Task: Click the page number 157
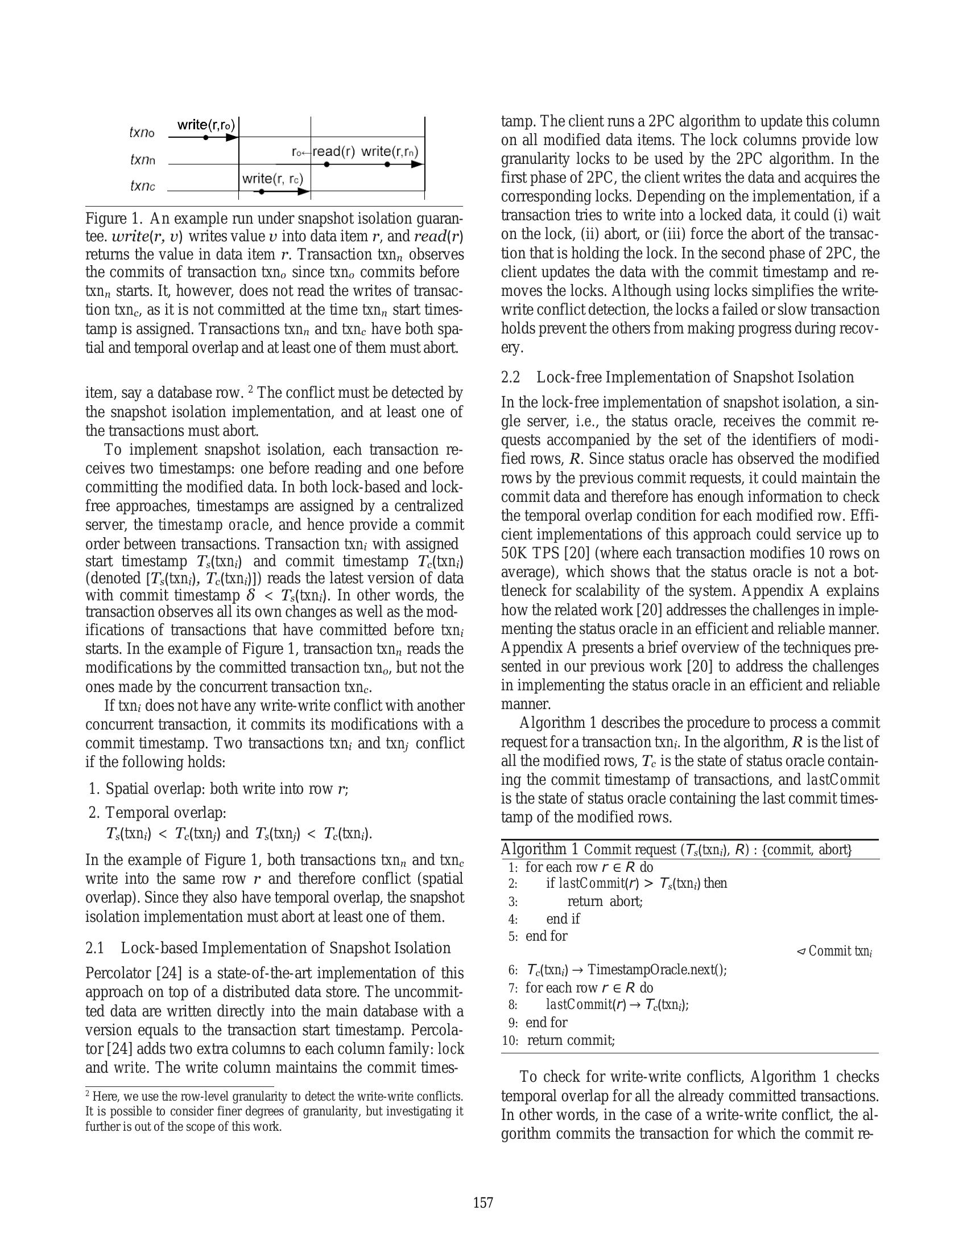(483, 1202)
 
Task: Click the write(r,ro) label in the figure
(206, 125)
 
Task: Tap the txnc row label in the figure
(143, 186)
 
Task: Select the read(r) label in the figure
(333, 152)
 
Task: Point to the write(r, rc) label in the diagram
(272, 178)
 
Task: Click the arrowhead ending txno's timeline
(232, 138)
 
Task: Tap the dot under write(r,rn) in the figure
(387, 164)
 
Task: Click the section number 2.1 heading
(94, 948)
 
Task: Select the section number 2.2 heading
(510, 377)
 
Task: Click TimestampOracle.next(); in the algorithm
(656, 970)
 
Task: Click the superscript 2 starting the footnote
(88, 1094)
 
